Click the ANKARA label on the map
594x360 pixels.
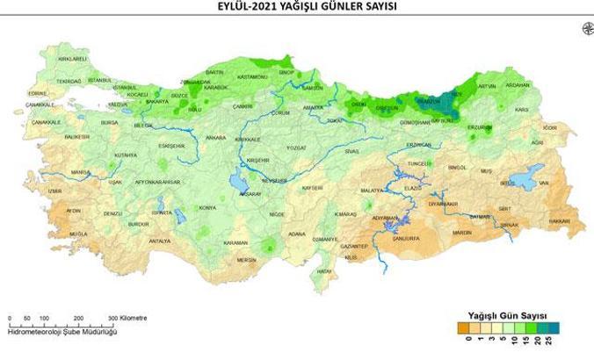pyautogui.click(x=215, y=138)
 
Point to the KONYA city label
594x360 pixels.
pyautogui.click(x=207, y=207)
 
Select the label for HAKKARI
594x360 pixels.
pyautogui.click(x=561, y=221)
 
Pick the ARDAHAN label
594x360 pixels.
pyautogui.click(x=543, y=85)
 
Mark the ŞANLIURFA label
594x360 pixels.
pyautogui.click(x=409, y=238)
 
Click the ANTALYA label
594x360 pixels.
pyautogui.click(x=159, y=240)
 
